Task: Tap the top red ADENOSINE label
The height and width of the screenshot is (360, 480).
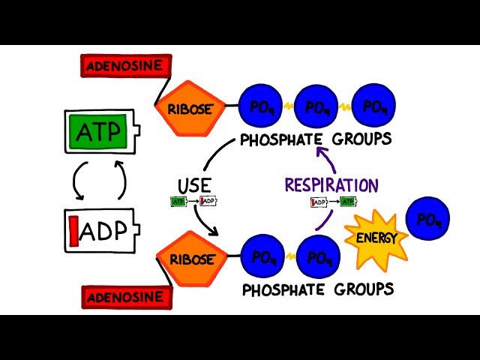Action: pyautogui.click(x=122, y=65)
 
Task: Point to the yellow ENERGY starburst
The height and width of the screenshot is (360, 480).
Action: pyautogui.click(x=376, y=238)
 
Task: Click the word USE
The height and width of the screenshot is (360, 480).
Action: pyautogui.click(x=194, y=185)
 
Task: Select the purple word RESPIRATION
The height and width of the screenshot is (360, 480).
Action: pyautogui.click(x=331, y=184)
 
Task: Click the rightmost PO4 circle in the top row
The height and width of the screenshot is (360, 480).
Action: pyautogui.click(x=375, y=107)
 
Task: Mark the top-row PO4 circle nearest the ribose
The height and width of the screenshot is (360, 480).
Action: pyautogui.click(x=261, y=107)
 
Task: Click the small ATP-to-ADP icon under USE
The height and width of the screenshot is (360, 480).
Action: pyautogui.click(x=194, y=201)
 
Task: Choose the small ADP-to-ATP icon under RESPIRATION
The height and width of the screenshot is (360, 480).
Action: pyautogui.click(x=333, y=201)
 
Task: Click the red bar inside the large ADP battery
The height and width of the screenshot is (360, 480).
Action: pyautogui.click(x=75, y=230)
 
